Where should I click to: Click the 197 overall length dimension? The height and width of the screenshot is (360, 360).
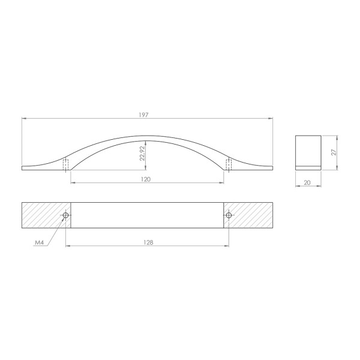144,115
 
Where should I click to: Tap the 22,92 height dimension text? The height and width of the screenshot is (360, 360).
143,154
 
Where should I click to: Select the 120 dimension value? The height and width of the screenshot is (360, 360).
146,179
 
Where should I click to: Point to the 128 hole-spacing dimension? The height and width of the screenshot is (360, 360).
148,242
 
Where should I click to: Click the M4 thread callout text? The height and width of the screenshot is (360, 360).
39,242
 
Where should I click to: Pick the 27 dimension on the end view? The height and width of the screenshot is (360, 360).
334,152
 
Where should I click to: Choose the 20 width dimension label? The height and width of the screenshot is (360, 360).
307,183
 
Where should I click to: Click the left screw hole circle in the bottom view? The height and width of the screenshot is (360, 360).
65,215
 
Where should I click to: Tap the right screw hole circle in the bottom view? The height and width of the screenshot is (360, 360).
229,215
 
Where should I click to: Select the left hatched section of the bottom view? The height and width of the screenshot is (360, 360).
46,215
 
